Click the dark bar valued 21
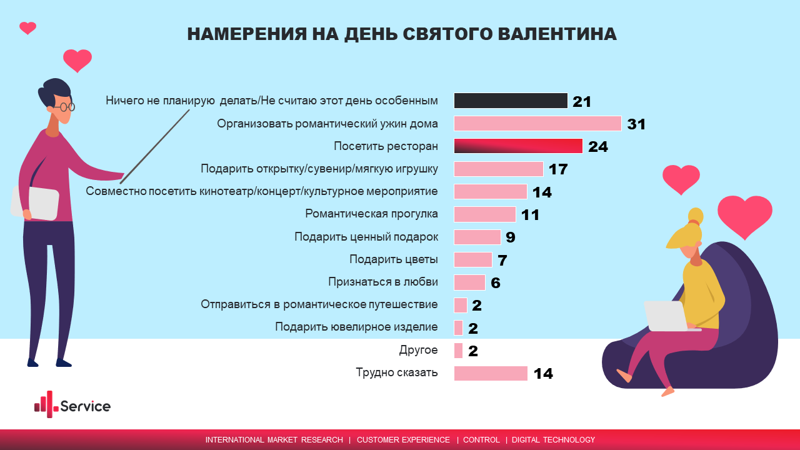coord(511,101)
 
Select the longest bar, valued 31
coord(537,123)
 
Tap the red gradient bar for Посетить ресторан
coord(518,146)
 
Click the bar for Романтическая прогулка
coord(484,214)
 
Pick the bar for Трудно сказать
coord(491,373)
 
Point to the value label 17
coord(557,169)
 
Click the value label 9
coord(511,237)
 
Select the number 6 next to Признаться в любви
coord(496,283)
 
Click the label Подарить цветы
coord(394,259)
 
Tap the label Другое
coord(418,350)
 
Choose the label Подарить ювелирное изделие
coord(356,327)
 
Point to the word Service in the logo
coord(86,406)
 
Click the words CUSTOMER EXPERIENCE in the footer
coord(403,440)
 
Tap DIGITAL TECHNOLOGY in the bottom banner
coord(553,440)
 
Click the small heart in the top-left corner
coord(27,27)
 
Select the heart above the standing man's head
coord(77,61)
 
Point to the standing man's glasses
coord(64,107)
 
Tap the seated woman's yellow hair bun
coord(695,216)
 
